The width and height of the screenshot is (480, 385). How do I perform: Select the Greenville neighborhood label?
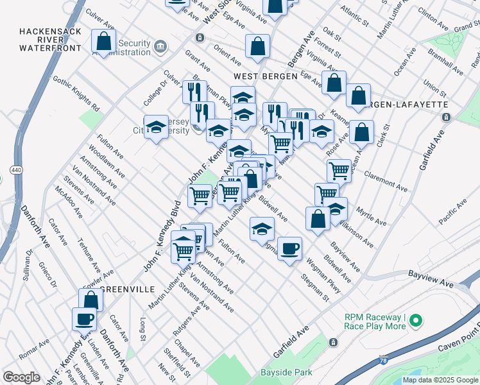[128, 289]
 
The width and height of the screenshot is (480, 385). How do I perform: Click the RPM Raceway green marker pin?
[416, 320]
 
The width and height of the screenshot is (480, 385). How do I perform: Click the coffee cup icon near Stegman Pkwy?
[289, 248]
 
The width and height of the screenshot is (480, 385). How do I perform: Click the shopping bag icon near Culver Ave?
[103, 41]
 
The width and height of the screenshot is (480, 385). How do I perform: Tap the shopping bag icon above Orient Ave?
[257, 46]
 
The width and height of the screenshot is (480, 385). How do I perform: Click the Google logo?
[21, 377]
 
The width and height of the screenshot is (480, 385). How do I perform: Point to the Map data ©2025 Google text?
[440, 380]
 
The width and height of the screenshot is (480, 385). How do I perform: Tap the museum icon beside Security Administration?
[160, 46]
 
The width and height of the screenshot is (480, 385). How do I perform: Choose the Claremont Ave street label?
[385, 181]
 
